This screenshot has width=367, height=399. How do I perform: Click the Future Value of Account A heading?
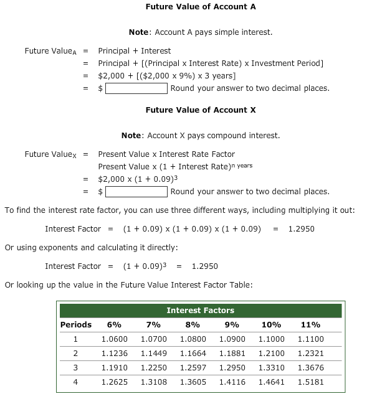(201, 7)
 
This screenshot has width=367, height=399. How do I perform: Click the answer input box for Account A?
(136, 88)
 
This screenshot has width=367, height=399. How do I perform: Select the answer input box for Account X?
(136, 192)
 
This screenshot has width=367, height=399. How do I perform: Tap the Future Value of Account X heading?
(201, 110)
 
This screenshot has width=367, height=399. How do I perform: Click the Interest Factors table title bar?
(201, 311)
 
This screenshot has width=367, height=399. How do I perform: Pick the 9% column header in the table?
(232, 325)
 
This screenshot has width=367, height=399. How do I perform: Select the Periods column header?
(75, 325)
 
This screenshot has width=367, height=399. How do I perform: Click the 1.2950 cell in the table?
(232, 368)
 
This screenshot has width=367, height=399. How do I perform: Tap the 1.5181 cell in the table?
(310, 382)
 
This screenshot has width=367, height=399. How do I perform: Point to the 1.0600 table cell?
(114, 339)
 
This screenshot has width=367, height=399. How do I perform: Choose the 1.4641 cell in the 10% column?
(271, 382)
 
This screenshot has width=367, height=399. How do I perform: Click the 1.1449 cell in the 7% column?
(153, 354)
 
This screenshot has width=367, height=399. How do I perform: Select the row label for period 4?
(75, 382)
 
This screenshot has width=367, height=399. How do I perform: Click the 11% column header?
(310, 325)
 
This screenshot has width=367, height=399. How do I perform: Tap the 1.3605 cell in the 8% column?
(193, 382)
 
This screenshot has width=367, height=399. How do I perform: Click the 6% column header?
(114, 325)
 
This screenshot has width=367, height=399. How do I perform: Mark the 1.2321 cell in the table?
(310, 354)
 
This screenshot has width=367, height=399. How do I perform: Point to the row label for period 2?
(75, 354)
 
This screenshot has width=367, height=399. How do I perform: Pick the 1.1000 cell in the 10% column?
(271, 339)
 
